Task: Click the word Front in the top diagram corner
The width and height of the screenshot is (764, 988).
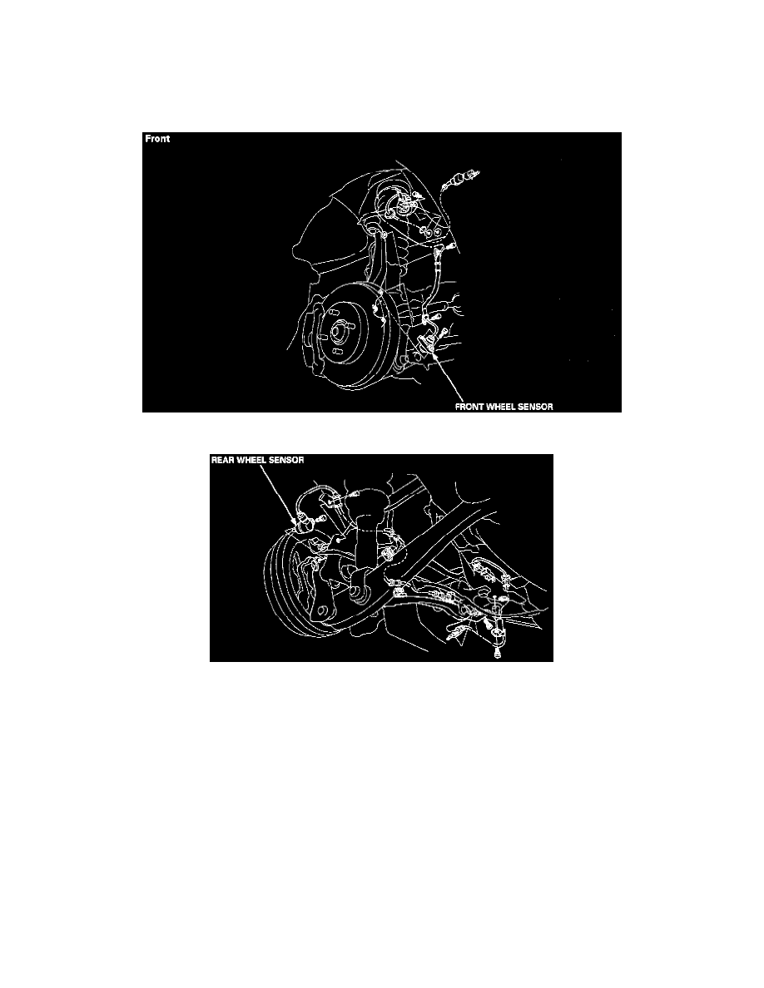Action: (x=157, y=139)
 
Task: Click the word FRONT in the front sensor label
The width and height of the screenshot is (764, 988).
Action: (x=469, y=407)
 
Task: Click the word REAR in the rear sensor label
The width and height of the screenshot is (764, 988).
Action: (x=222, y=460)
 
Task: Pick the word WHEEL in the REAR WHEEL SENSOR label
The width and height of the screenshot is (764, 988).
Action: (x=251, y=460)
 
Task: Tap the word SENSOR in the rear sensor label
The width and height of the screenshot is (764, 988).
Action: (x=287, y=460)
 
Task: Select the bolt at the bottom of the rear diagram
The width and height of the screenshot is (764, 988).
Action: (x=499, y=652)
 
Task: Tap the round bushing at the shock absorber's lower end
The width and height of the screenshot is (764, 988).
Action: (x=357, y=592)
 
